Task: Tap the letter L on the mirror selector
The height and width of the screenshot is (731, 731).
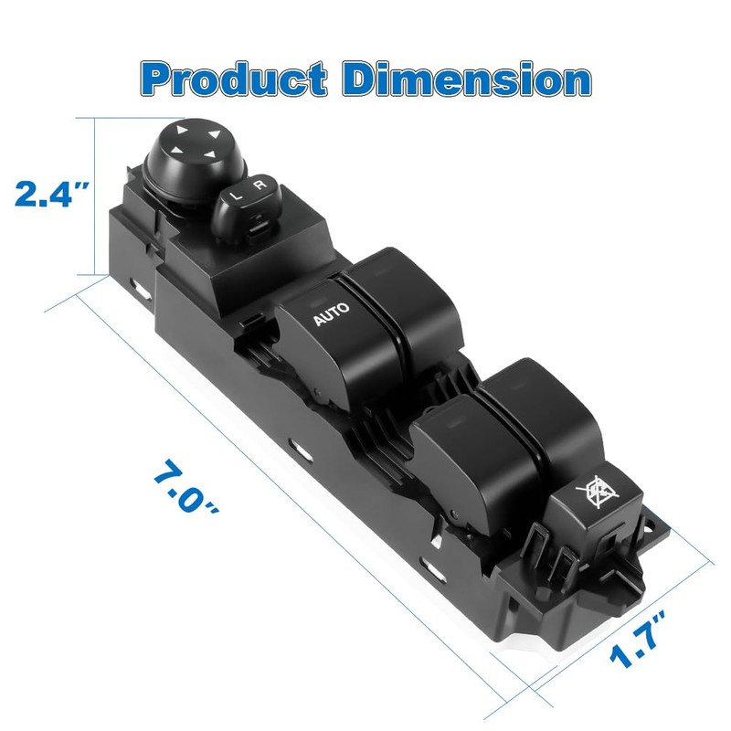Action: coord(235,195)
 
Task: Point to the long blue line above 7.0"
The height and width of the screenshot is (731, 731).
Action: coord(274,475)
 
